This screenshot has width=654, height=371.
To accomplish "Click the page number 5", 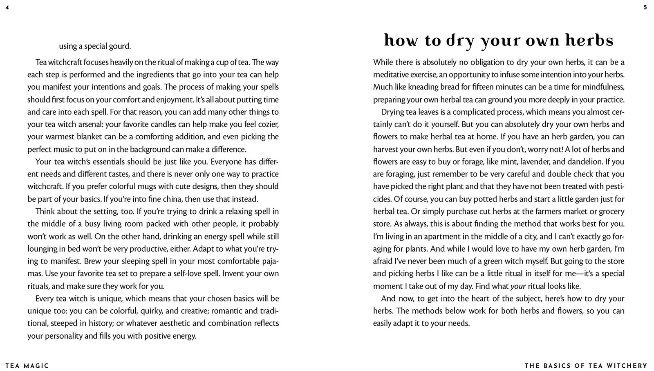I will point(645,7).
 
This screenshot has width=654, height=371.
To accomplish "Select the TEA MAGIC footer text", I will point(27,366).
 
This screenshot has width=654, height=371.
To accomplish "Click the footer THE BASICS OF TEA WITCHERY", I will point(586,366).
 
